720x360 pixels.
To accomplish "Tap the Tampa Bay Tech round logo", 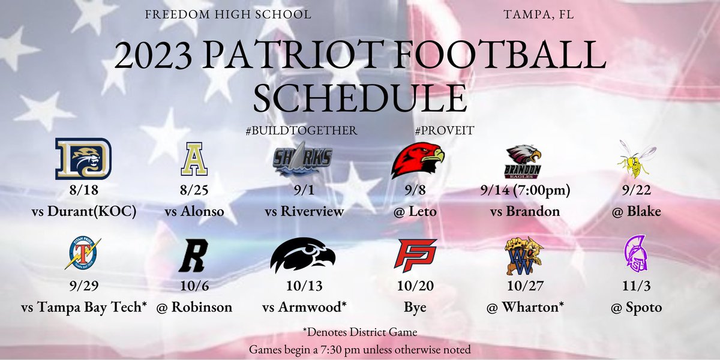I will (x=82, y=254).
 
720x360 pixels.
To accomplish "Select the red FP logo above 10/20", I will (x=416, y=255).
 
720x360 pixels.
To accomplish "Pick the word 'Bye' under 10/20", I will (x=415, y=307).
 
